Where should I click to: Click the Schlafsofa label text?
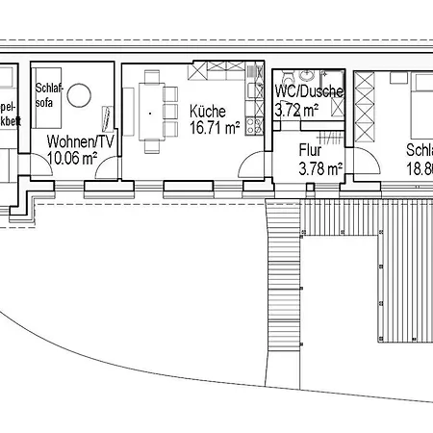pos(48,92)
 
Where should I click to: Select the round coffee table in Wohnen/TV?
pos(78,97)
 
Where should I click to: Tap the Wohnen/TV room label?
pos(81,140)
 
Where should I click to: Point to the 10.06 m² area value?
pos(73,157)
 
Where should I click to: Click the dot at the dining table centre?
pos(150,114)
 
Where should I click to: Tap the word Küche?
pos(208,111)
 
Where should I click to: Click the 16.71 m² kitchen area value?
pos(215,127)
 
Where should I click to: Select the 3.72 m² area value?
pos(296,110)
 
